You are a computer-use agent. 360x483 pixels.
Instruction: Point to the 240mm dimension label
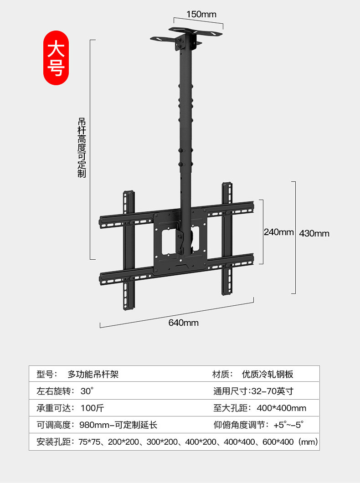pyautogui.click(x=278, y=232)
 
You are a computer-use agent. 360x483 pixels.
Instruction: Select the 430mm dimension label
pyautogui.click(x=314, y=233)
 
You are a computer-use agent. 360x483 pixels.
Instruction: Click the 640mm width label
pyautogui.click(x=183, y=323)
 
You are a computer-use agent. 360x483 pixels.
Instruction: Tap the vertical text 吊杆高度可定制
pyautogui.click(x=82, y=148)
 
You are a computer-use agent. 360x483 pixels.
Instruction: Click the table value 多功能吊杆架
pyautogui.click(x=93, y=375)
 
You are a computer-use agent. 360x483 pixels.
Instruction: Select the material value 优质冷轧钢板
pyautogui.click(x=267, y=375)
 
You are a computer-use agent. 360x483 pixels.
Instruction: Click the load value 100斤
pyautogui.click(x=92, y=408)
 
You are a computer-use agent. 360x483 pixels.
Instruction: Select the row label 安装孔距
pyautogui.click(x=52, y=442)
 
